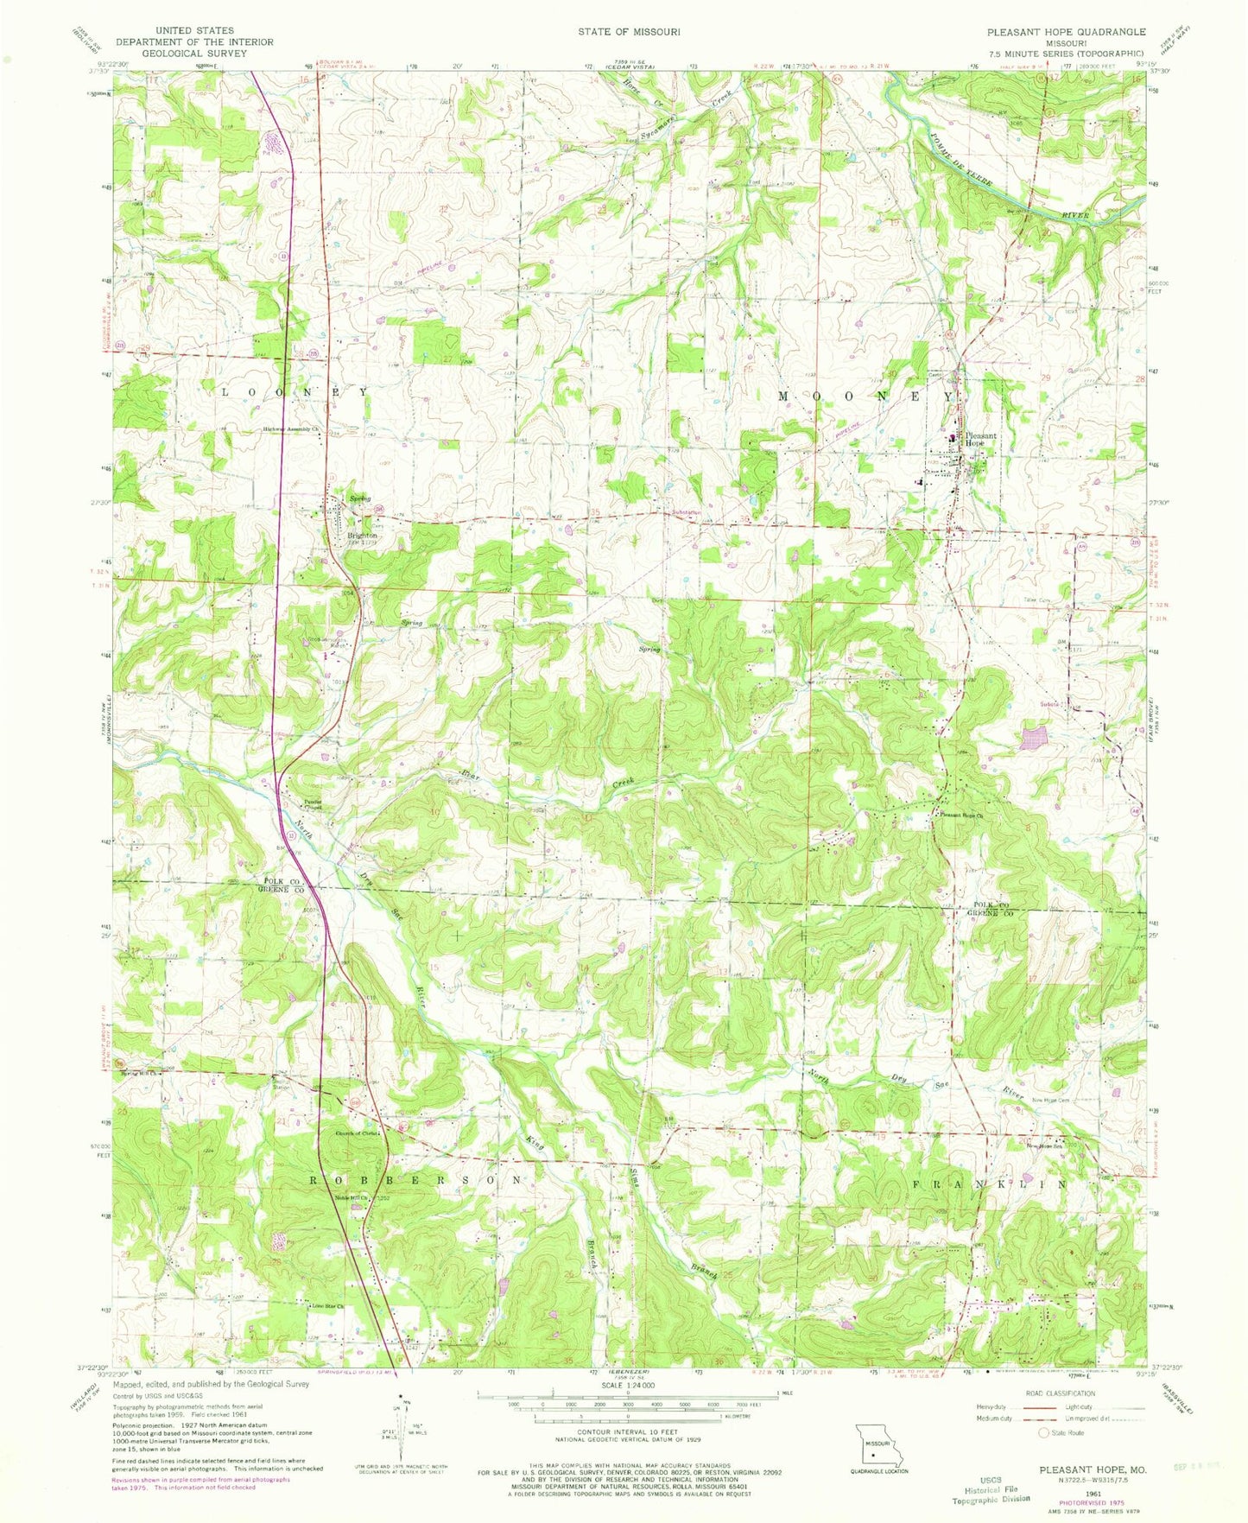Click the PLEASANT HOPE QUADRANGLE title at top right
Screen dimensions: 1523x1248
tap(1067, 31)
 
